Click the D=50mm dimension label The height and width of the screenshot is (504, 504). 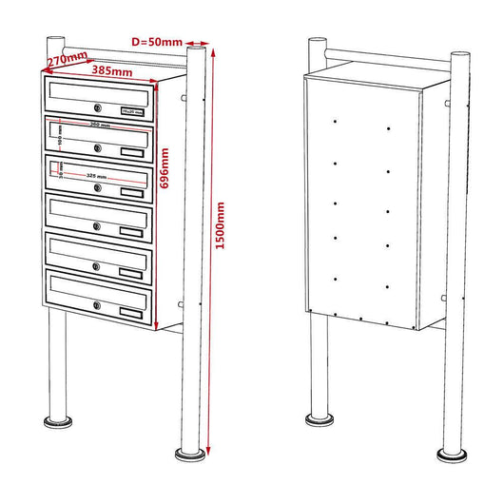click(x=158, y=42)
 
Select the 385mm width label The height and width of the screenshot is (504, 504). click(x=111, y=71)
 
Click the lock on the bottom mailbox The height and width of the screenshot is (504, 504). click(x=96, y=305)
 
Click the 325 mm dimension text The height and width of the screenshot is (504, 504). click(x=96, y=176)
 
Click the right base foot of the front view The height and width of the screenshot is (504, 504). click(x=193, y=450)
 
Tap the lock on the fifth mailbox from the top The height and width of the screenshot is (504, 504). click(x=96, y=266)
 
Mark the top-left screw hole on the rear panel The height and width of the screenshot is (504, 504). click(x=336, y=123)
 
